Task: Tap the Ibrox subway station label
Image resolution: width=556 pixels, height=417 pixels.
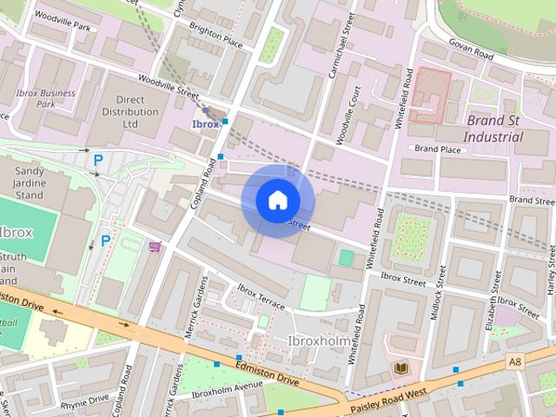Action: tap(205, 124)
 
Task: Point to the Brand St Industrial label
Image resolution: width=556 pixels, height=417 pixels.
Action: tap(493, 128)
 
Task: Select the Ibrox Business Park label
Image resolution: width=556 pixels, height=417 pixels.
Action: tap(45, 99)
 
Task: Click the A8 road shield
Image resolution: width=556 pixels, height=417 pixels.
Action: tap(514, 359)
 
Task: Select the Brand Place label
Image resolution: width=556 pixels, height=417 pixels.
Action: tap(437, 149)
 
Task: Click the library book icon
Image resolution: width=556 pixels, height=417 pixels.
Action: tap(400, 369)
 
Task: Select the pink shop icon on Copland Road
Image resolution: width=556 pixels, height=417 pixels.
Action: tap(156, 247)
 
